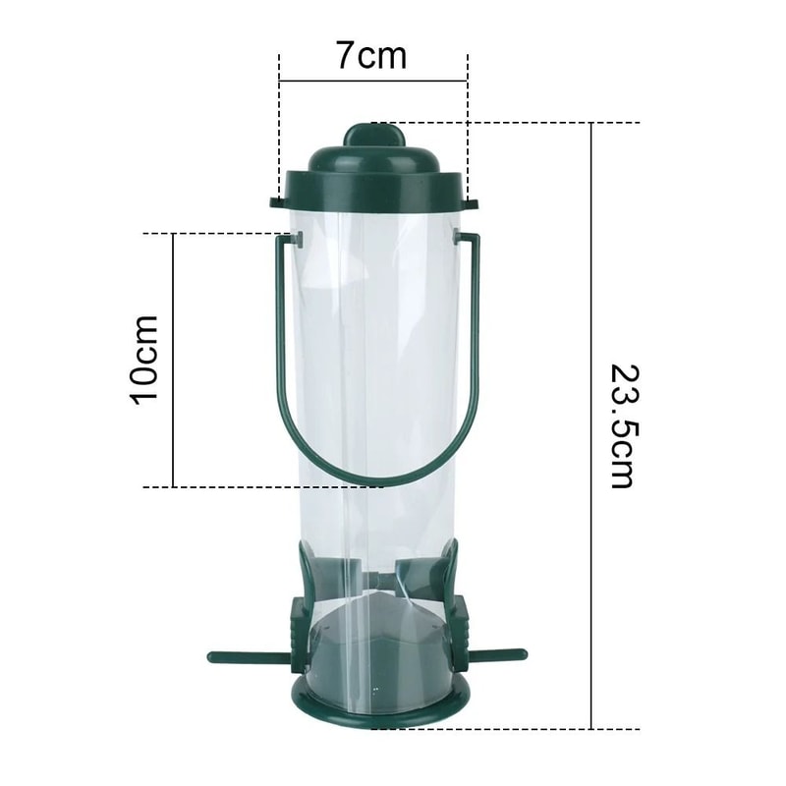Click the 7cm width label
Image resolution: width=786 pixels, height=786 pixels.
(x=371, y=55)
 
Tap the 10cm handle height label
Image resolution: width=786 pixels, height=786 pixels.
(x=144, y=359)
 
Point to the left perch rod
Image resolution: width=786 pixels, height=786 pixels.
(x=247, y=656)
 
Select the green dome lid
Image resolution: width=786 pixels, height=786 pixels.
(x=373, y=177)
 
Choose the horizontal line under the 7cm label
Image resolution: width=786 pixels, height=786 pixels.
(x=373, y=82)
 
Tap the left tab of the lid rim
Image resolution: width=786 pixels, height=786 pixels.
(x=278, y=203)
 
